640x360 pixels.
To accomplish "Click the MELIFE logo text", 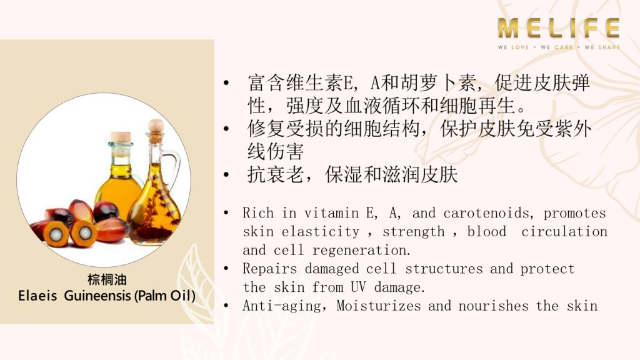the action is pyautogui.click(x=558, y=28).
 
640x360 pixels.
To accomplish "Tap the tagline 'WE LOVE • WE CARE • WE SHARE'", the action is pyautogui.click(x=559, y=47).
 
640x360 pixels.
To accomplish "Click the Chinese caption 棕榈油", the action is pyautogui.click(x=107, y=279).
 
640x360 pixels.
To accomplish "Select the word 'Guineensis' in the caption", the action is pyautogui.click(x=97, y=295).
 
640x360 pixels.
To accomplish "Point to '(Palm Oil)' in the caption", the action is pyautogui.click(x=165, y=296).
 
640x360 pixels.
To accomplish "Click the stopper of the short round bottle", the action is pyautogui.click(x=121, y=137).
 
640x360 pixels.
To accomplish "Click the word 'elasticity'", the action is pyautogui.click(x=321, y=232).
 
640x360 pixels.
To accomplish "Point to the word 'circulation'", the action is pyautogui.click(x=564, y=231).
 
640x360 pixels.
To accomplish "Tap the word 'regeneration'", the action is pyautogui.click(x=362, y=250).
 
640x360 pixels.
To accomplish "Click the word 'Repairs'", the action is pyautogui.click(x=270, y=269).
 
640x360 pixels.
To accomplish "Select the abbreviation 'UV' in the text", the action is pyautogui.click(x=358, y=287).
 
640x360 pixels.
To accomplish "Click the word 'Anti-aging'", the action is pyautogui.click(x=282, y=306).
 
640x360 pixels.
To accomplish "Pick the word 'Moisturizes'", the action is pyautogui.click(x=378, y=306).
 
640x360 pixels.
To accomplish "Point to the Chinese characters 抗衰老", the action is pyautogui.click(x=276, y=175).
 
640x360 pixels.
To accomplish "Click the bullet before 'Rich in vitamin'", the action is pyautogui.click(x=226, y=212).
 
